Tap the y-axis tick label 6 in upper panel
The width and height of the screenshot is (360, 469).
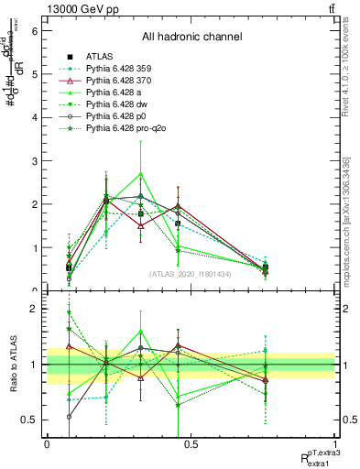pyautogui.click(x=34, y=30)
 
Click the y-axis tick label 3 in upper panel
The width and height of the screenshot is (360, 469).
pyautogui.click(x=34, y=160)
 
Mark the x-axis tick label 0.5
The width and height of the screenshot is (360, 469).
pyautogui.click(x=191, y=443)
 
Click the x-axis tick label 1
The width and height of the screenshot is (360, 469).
pyautogui.click(x=335, y=443)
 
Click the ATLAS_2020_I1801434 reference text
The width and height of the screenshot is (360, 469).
pyautogui.click(x=191, y=274)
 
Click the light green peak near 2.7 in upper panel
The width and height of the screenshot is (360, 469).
pyautogui.click(x=140, y=173)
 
